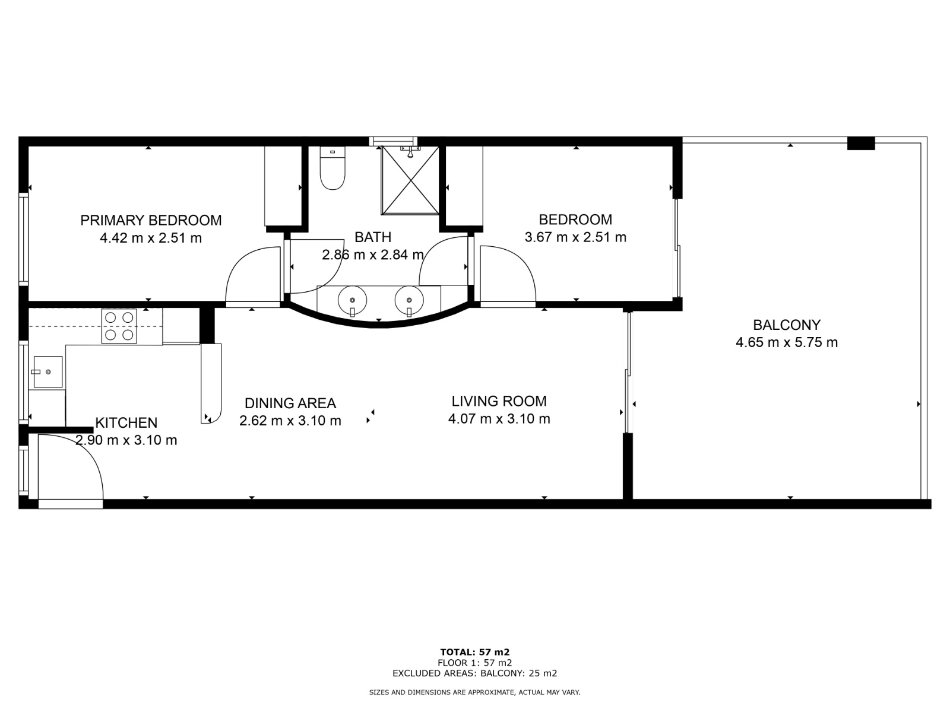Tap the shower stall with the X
(410, 180)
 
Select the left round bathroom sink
(352, 300)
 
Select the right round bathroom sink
(409, 300)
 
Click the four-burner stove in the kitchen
(119, 326)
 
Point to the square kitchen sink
(48, 372)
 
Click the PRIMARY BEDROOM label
(151, 221)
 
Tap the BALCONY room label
(787, 325)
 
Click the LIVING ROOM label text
(499, 401)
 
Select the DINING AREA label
(290, 403)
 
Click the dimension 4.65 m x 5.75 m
(787, 342)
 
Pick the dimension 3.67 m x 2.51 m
(575, 237)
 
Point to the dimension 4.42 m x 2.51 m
(151, 238)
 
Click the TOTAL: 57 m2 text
(475, 652)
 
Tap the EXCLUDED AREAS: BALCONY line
(475, 673)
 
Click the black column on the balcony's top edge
(861, 143)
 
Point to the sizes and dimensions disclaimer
(475, 692)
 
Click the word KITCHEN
(126, 423)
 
